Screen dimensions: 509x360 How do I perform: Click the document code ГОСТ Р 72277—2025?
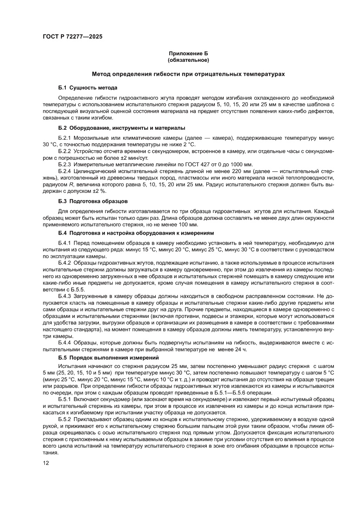point(73,37)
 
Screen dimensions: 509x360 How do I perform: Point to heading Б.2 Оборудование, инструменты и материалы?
point(121,128)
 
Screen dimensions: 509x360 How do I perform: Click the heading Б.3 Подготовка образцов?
point(93,201)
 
